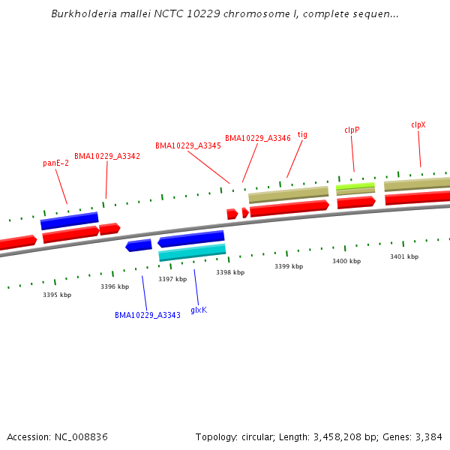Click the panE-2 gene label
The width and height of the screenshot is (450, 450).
tap(56, 163)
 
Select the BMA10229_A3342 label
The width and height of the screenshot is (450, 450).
tap(107, 156)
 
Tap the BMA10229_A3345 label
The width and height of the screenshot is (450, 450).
tap(188, 145)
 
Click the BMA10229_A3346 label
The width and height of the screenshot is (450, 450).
tap(258, 138)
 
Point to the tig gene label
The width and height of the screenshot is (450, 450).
tap(303, 135)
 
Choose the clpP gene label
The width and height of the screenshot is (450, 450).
tap(352, 130)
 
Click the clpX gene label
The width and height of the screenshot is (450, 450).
tap(418, 124)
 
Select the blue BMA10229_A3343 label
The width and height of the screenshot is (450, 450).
tap(148, 315)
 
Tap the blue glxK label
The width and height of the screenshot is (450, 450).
tap(199, 309)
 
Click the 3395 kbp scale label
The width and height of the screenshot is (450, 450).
tap(57, 295)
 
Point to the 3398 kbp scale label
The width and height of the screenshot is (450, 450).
tap(230, 272)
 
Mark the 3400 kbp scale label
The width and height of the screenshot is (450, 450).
tap(346, 261)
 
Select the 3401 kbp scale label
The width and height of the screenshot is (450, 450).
tap(404, 256)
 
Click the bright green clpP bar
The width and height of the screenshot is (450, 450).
tap(355, 185)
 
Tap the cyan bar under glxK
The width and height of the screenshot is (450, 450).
tap(192, 252)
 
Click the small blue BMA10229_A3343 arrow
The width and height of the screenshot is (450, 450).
tap(139, 245)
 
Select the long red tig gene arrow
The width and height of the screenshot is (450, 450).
tap(289, 208)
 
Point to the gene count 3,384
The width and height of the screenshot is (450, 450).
tap(427, 436)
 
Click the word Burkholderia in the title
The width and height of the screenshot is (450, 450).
tap(80, 13)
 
